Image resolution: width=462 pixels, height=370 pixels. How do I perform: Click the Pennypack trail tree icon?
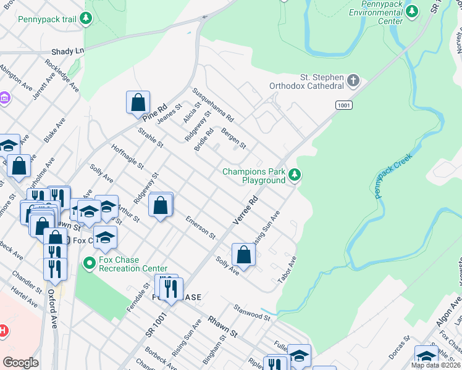pyautogui.click(x=86, y=19)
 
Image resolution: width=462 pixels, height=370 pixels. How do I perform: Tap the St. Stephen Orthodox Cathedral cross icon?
pyautogui.click(x=353, y=81)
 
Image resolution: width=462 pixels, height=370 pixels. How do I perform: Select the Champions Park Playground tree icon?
pyautogui.click(x=295, y=176)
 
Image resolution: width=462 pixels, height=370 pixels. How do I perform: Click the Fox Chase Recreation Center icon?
pyautogui.click(x=89, y=263)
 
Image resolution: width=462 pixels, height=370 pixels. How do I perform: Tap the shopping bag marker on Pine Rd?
pyautogui.click(x=138, y=102)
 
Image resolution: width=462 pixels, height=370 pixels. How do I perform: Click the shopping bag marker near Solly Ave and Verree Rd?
pyautogui.click(x=244, y=255)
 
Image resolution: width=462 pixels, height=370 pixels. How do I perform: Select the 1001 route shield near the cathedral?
pyautogui.click(x=344, y=106)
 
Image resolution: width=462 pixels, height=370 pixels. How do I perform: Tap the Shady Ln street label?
pyautogui.click(x=67, y=51)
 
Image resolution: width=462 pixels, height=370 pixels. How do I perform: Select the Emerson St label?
pyautogui.click(x=201, y=227)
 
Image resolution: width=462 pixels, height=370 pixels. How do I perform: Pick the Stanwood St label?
pyautogui.click(x=251, y=312)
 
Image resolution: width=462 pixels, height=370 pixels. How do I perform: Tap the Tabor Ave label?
pyautogui.click(x=287, y=270)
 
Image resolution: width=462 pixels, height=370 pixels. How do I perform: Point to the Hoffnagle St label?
pyautogui.click(x=127, y=157)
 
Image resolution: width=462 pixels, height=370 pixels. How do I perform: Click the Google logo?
pyautogui.click(x=20, y=363)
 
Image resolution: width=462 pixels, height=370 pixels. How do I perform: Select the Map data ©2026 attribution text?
pyautogui.click(x=436, y=365)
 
